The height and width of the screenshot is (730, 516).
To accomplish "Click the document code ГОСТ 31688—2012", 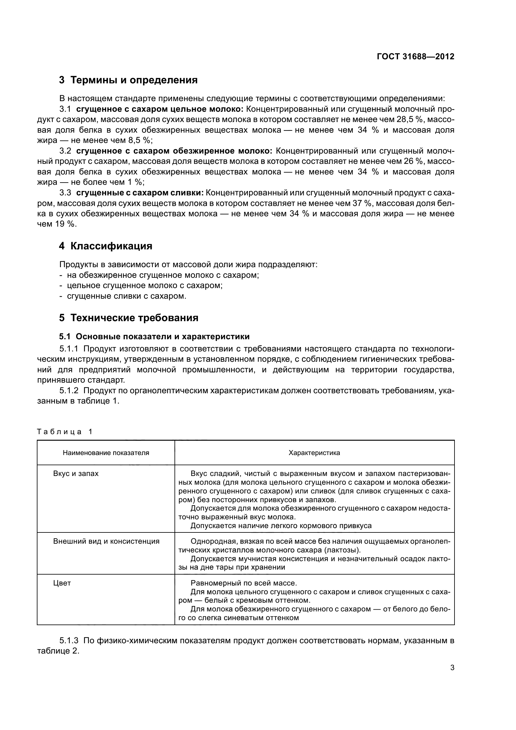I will coord(415,56).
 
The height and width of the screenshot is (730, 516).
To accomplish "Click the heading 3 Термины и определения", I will coord(128,80).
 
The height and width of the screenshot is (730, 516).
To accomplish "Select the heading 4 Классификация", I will coord(106,246).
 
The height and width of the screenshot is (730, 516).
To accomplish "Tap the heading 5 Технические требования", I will coord(128,318).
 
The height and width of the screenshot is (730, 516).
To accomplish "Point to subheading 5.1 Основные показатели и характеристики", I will coord(154,337).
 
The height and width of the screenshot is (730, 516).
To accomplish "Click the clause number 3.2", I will coord(65,151).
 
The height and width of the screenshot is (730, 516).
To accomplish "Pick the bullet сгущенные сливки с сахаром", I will coord(126,296).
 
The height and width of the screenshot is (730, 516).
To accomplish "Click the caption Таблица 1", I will coord(65,432).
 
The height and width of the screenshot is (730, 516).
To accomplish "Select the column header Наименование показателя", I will coord(106,453).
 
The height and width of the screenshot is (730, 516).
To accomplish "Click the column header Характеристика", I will coord(314,453).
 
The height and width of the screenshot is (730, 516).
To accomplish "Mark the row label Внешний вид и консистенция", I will coord(106,541).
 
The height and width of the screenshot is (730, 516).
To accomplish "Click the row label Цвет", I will coord(62,583).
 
